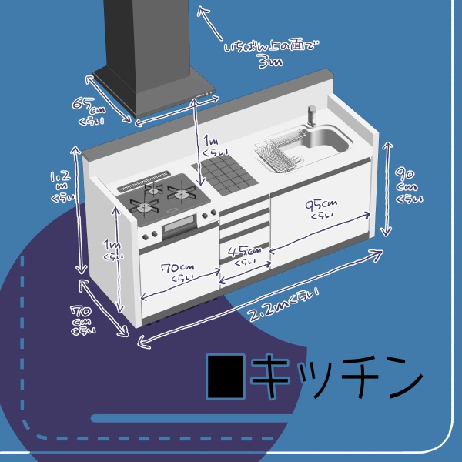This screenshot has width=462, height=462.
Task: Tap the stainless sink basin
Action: click(x=326, y=140)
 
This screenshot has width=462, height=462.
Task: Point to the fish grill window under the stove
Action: click(x=179, y=226)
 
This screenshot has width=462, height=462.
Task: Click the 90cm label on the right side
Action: click(x=407, y=185)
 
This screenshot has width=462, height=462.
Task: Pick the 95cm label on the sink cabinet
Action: click(x=320, y=209)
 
